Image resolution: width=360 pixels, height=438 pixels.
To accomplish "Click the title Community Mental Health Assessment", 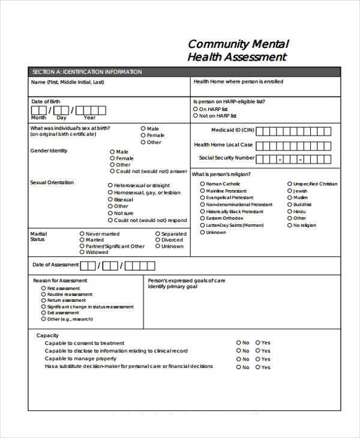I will (x=238, y=50).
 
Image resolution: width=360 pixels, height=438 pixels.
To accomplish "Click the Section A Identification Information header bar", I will (x=86, y=72).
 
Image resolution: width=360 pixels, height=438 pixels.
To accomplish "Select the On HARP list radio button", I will (x=196, y=109).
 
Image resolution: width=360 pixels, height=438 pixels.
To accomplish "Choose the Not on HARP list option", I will (x=196, y=116).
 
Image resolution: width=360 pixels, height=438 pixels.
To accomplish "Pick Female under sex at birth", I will (x=143, y=136).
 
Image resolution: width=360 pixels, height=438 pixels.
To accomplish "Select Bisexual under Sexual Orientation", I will (x=110, y=199).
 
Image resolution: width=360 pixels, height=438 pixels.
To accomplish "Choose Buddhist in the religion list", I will (x=290, y=205).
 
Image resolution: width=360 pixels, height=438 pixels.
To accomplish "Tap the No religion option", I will (x=290, y=226).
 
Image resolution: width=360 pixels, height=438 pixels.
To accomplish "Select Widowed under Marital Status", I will (x=82, y=253).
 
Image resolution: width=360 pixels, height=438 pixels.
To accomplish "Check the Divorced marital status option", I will (x=158, y=240).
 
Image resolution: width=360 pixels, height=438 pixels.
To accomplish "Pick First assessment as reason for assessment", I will (x=43, y=289).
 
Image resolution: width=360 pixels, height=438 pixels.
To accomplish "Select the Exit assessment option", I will (x=43, y=313).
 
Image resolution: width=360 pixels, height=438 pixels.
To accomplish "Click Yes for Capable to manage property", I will (x=258, y=359).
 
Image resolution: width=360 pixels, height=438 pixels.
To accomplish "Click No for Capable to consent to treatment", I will (x=238, y=343).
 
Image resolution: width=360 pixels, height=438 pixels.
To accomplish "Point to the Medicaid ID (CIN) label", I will (x=232, y=130).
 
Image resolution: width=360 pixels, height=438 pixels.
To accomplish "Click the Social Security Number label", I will (x=227, y=158).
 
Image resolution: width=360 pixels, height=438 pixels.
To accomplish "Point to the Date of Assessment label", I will (x=55, y=265).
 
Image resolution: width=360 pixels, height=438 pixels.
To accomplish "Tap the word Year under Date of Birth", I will (x=89, y=118).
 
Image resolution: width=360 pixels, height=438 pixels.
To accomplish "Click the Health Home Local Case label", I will (x=223, y=145).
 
